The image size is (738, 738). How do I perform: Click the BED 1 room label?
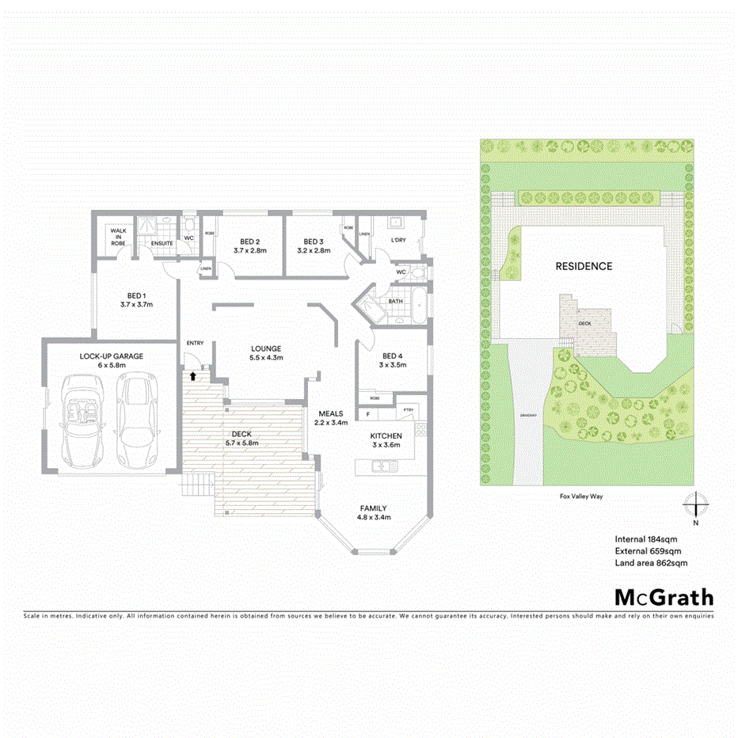[136, 295]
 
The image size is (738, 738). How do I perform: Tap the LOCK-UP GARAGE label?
[112, 356]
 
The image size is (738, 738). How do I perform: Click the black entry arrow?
[192, 376]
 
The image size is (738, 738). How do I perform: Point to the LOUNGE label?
[266, 348]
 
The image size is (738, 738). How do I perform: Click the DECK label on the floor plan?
[242, 434]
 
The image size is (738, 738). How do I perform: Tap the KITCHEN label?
[386, 436]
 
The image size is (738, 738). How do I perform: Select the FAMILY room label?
[373, 508]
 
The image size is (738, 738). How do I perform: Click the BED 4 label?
[394, 356]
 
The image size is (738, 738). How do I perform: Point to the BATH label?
[396, 302]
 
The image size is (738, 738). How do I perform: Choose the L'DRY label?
[398, 240]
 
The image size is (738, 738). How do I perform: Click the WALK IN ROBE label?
[118, 236]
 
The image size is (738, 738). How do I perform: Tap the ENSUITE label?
[162, 243]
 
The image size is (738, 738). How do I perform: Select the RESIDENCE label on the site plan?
[584, 266]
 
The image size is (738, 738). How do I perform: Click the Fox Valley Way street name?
[585, 496]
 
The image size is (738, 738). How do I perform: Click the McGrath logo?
[664, 597]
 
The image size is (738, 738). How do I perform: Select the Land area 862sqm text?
[651, 563]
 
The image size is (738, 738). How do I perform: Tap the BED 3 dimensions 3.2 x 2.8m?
[314, 250]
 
